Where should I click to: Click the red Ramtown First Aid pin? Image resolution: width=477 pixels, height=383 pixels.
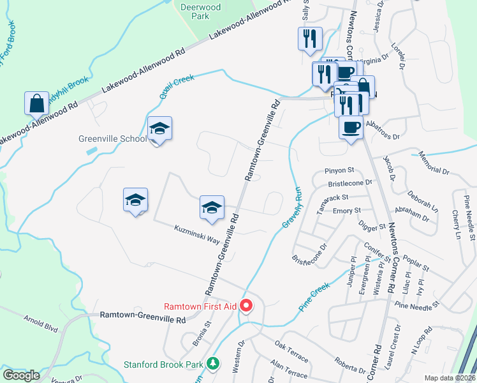point(246,306)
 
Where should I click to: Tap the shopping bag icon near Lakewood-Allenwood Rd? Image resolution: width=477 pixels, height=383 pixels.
point(37,103)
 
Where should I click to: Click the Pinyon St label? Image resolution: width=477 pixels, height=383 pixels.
point(339,170)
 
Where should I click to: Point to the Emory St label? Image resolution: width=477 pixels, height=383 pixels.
point(347,210)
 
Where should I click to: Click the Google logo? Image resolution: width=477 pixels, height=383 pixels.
point(22,375)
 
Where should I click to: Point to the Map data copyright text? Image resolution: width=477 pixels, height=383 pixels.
point(450,378)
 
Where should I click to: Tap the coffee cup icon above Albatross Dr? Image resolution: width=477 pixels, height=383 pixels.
point(350,127)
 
